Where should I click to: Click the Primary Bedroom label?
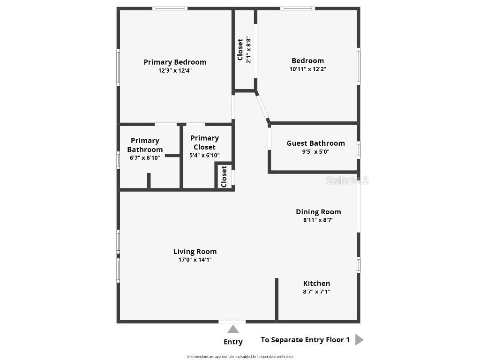[x=175, y=62]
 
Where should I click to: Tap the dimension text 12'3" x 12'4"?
[x=175, y=71]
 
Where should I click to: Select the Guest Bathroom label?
[x=315, y=143]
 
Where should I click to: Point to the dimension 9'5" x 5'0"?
[x=315, y=152]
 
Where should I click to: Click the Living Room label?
[x=195, y=251]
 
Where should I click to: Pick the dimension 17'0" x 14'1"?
[x=195, y=260]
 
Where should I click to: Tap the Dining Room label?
[x=318, y=211]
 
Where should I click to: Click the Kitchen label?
[x=316, y=283]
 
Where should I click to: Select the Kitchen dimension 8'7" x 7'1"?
[x=316, y=292]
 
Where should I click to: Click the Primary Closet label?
[x=204, y=142]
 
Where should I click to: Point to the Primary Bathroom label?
[x=145, y=145]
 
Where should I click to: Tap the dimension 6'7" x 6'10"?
[x=145, y=158]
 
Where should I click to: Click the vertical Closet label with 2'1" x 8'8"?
[x=240, y=49]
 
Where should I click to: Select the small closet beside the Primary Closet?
[x=224, y=176]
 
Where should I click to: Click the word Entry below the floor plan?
[x=233, y=342]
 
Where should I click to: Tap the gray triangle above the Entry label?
[x=233, y=329]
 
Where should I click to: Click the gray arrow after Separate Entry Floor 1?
[x=359, y=340]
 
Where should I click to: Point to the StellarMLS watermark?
[x=347, y=180]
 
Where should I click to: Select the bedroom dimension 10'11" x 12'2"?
[x=307, y=69]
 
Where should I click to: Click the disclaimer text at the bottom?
[x=240, y=357]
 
